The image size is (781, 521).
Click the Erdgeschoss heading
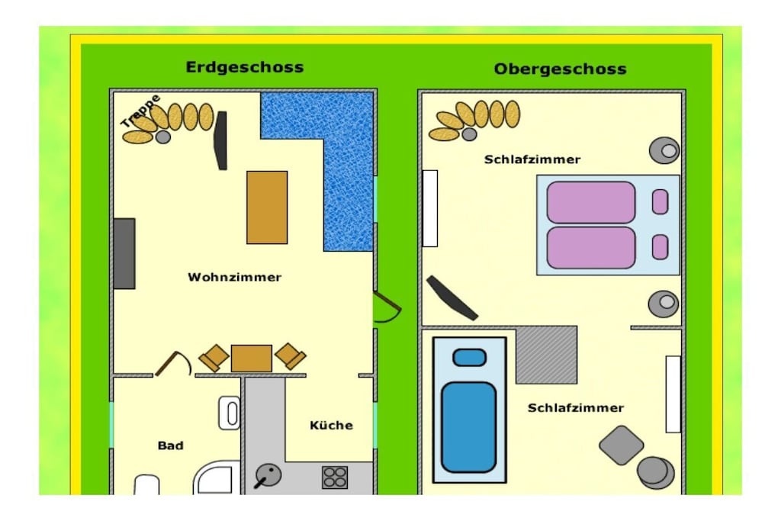245,67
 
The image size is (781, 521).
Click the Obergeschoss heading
560,69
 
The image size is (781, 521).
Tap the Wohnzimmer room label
235,277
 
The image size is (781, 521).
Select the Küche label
331,425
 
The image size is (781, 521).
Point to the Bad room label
170,445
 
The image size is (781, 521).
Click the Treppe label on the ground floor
140,111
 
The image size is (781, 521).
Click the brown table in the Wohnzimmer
267,207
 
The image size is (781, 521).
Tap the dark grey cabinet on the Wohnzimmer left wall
124,253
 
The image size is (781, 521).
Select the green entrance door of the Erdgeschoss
387,307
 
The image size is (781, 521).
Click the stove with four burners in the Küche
335,477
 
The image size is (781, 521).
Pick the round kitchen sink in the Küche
268,476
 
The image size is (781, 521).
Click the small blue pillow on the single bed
469,357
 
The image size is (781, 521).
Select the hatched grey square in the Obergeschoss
546,355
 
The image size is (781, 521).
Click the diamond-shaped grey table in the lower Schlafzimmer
621,445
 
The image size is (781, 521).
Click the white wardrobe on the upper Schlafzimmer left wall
430,208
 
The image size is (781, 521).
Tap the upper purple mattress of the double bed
591,201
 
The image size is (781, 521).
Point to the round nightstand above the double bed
664,150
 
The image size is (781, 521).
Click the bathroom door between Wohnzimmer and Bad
173,363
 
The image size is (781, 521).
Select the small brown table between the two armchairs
252,358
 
